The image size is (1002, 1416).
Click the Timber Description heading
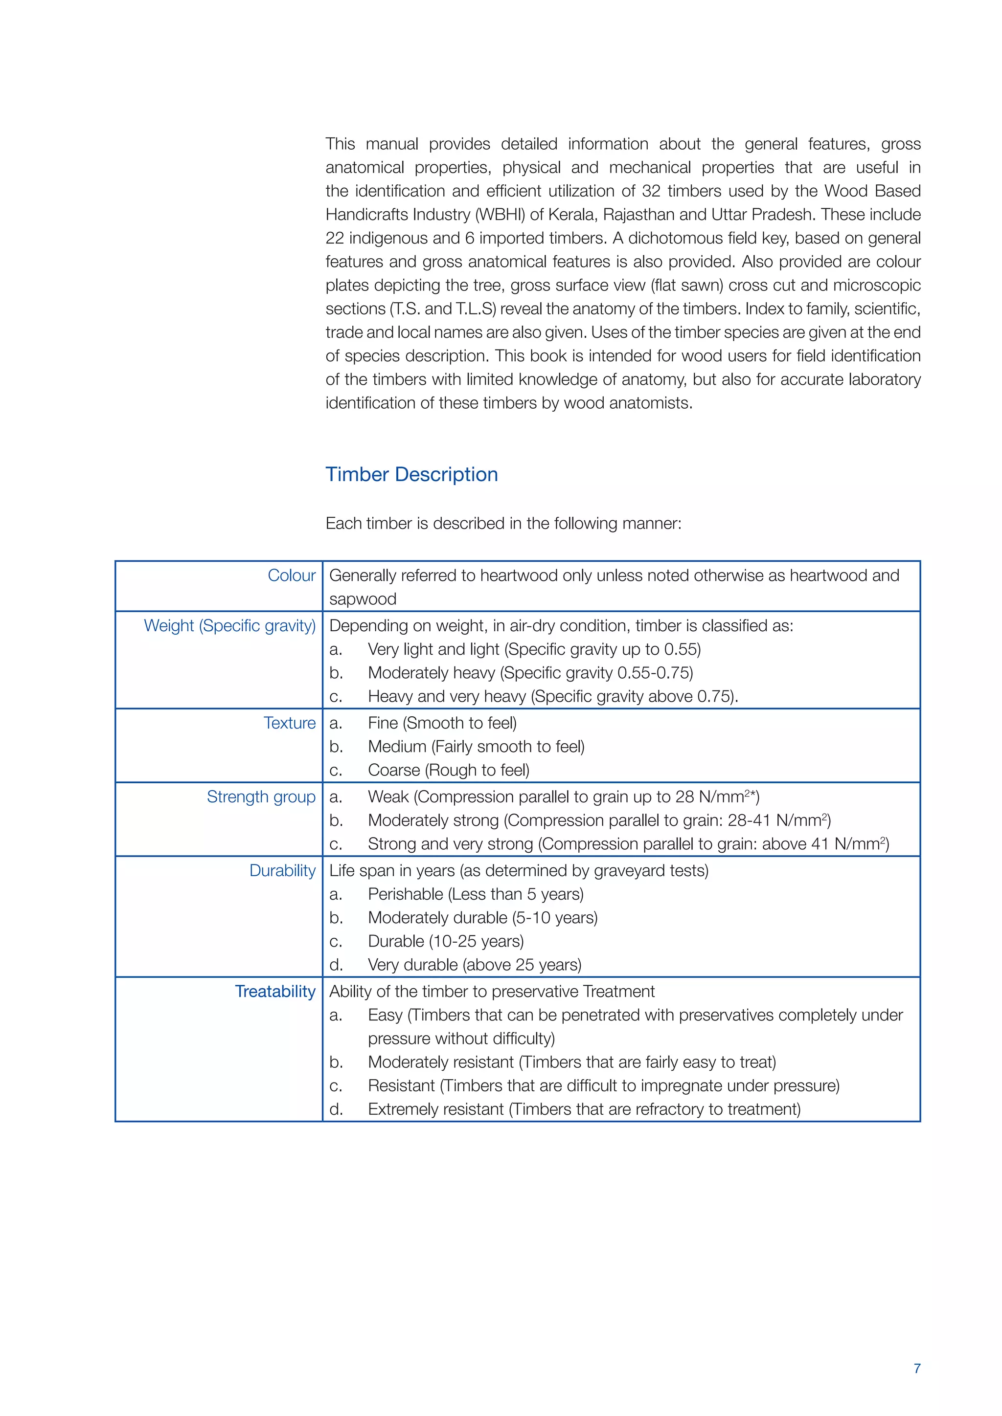411,474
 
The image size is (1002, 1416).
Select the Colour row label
291,575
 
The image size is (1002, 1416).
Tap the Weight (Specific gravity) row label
229,625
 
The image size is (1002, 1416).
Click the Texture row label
289,723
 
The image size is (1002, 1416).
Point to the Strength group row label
261,797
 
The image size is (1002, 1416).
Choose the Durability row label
282,870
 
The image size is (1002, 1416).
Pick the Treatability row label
275,991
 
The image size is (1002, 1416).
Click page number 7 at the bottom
917,1369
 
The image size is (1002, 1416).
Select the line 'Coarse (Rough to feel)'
449,770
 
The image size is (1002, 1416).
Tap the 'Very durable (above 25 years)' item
475,965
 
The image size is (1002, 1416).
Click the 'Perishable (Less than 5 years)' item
475,894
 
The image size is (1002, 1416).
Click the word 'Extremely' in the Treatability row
402,1109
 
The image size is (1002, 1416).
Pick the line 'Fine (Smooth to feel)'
442,723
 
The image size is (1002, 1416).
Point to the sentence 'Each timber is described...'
503,524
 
